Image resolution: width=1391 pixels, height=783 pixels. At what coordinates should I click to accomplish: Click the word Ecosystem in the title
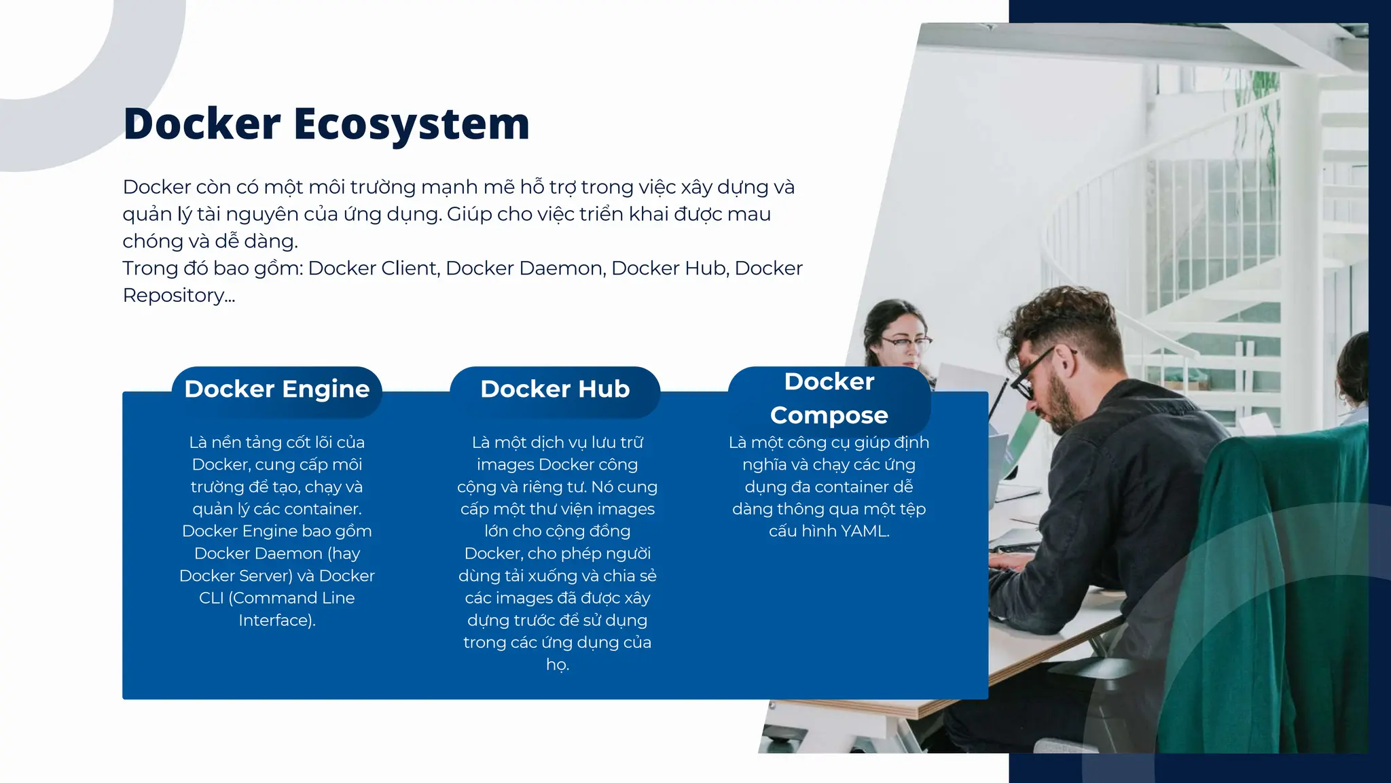tap(411, 124)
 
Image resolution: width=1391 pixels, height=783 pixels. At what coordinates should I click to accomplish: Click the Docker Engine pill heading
tap(277, 389)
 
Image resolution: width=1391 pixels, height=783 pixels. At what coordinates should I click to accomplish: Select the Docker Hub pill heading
tap(555, 389)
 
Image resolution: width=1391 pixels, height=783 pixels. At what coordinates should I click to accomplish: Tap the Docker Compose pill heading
tap(829, 398)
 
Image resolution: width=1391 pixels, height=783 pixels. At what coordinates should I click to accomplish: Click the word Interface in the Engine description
tap(274, 621)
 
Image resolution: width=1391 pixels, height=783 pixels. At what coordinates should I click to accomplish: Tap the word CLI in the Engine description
tap(211, 598)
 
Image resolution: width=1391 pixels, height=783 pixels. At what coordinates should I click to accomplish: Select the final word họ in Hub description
tap(556, 665)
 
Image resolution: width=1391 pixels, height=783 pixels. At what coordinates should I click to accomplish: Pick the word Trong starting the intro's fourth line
tap(152, 268)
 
